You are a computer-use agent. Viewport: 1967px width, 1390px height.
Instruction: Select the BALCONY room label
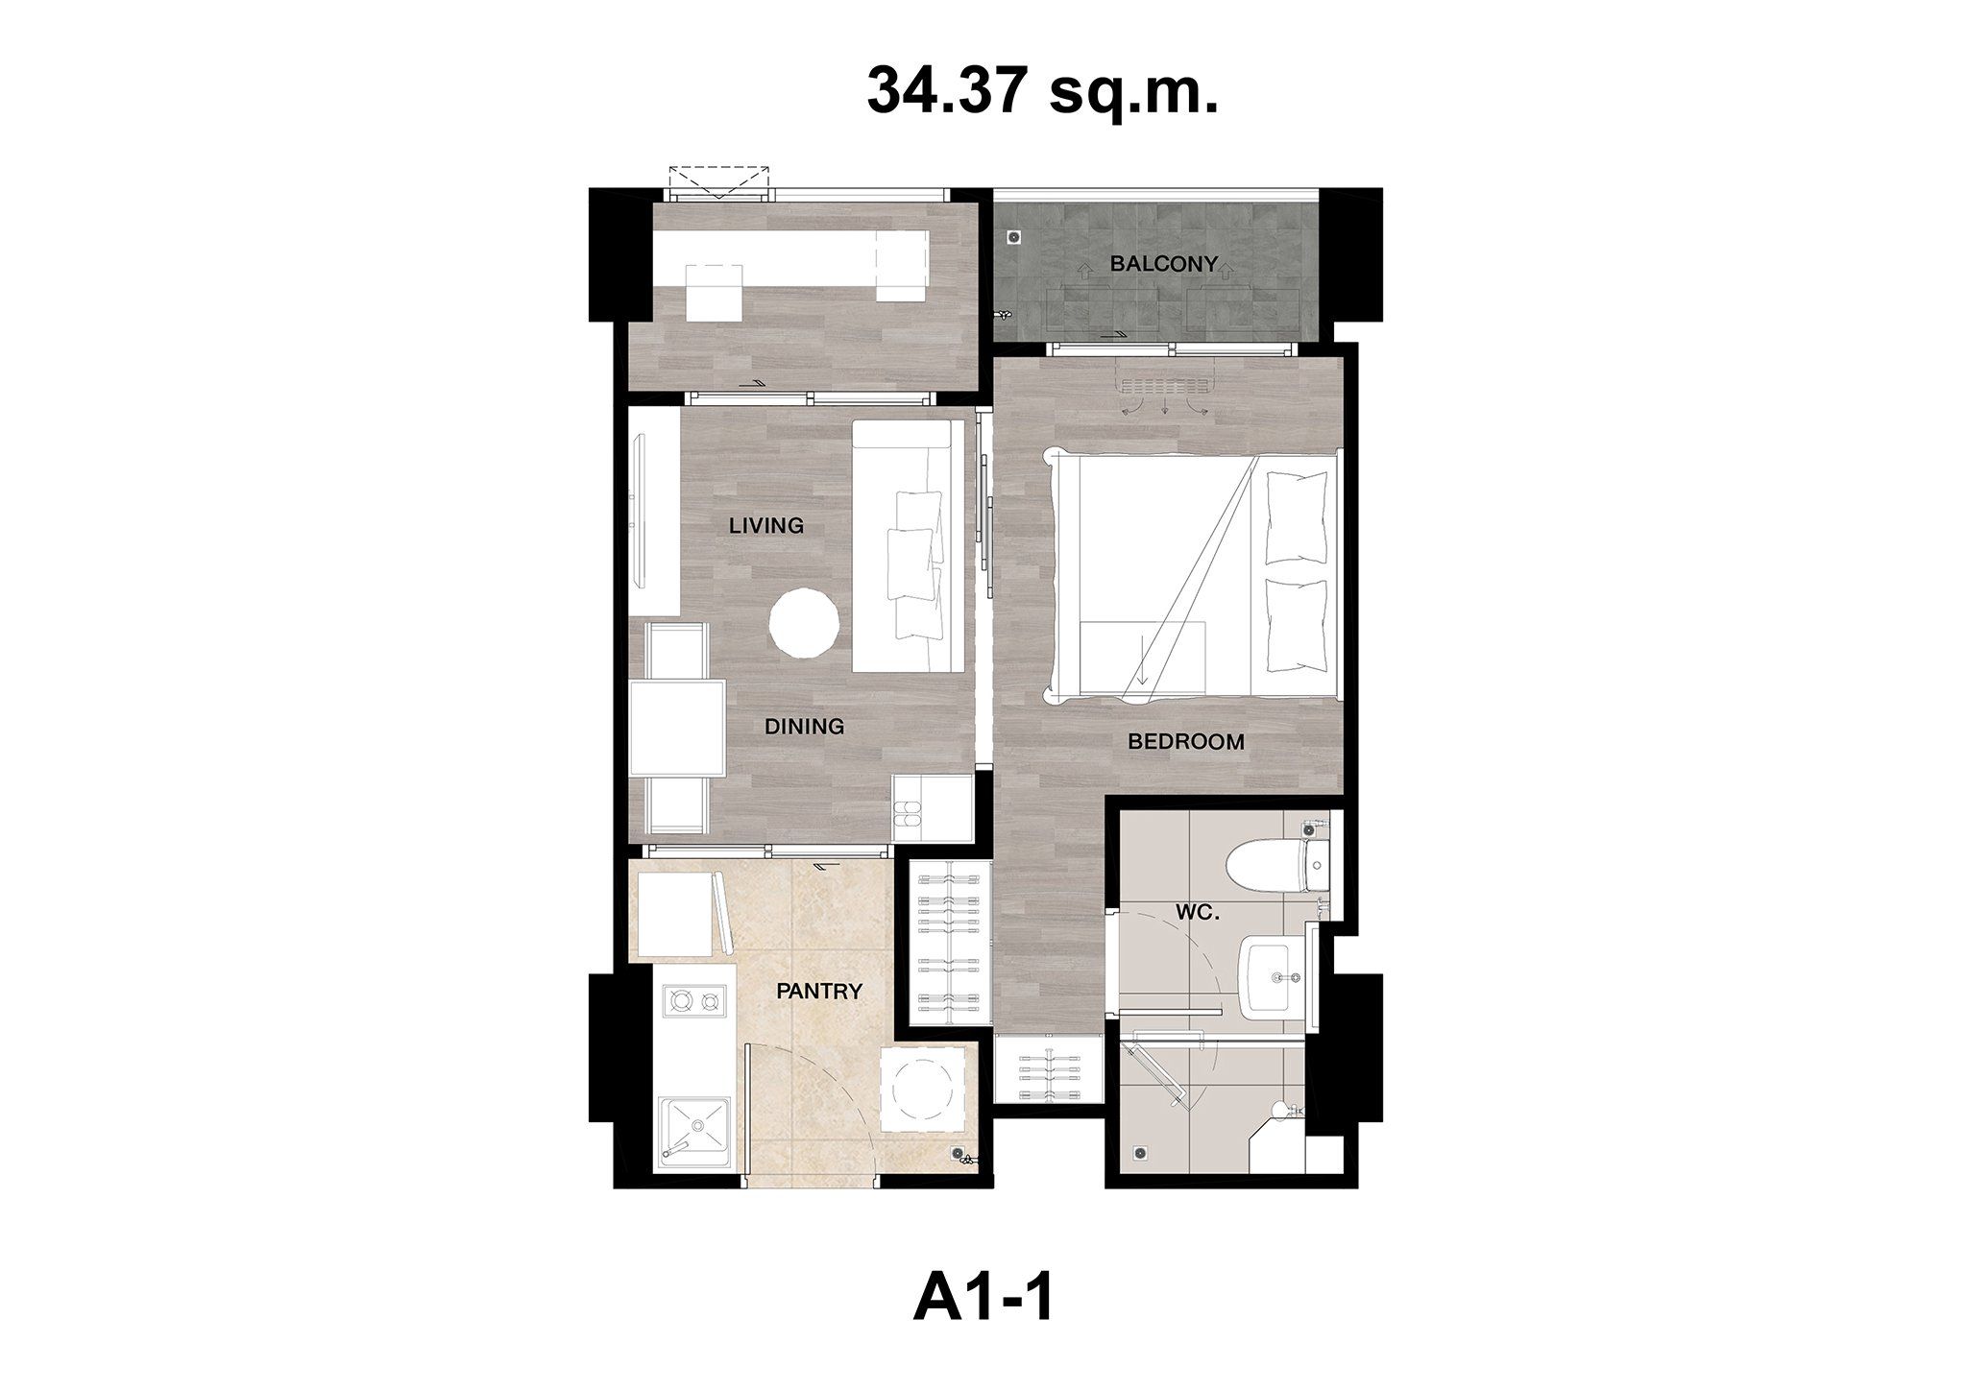[x=1163, y=263]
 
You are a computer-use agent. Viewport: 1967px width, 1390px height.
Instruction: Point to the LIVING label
[x=765, y=525]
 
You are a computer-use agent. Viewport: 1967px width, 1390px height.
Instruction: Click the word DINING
[x=805, y=727]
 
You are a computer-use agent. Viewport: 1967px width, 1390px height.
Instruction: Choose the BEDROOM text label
[x=1186, y=741]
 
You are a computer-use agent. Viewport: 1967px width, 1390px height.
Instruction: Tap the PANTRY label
[x=819, y=992]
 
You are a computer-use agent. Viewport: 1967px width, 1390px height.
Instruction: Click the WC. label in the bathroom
[x=1198, y=913]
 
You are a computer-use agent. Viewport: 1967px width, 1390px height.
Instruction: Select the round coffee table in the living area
[x=804, y=623]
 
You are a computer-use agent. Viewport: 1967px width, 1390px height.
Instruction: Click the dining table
[x=677, y=727]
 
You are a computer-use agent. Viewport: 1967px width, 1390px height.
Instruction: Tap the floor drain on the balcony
[x=1012, y=236]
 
